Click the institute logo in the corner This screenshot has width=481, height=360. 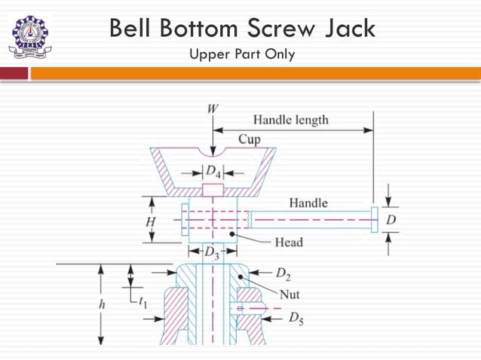(31, 37)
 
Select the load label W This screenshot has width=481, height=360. (213, 108)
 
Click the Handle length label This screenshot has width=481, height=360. (290, 120)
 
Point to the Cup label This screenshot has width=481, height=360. (250, 139)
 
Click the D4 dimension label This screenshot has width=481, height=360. (213, 171)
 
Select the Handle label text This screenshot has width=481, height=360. (308, 203)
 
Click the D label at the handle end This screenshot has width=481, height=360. (391, 220)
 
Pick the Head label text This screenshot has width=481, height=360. (288, 242)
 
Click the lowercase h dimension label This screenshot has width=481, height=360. (92, 305)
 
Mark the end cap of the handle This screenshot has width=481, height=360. (374, 220)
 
